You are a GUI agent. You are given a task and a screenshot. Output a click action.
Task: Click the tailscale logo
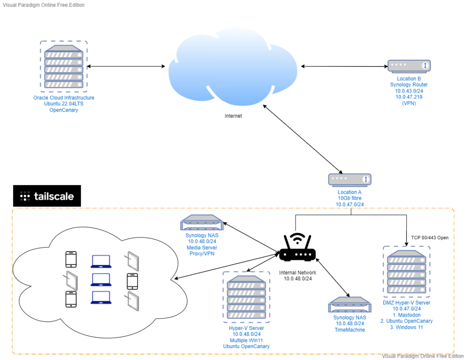(x=47, y=196)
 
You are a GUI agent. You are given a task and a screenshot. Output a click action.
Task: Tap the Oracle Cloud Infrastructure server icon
(x=64, y=67)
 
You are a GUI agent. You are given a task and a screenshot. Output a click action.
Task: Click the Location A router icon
(x=350, y=180)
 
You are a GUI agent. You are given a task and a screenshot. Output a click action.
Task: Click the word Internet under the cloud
(x=233, y=116)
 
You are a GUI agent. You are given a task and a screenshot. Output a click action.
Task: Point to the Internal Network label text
(x=297, y=273)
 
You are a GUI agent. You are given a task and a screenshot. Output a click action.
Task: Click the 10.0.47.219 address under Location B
(x=409, y=97)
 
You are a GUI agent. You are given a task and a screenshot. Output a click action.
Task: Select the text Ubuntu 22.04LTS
(x=64, y=104)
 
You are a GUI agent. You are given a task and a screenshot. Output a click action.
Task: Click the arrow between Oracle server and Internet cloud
(x=126, y=67)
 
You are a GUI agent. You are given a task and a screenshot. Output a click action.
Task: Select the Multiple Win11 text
(x=246, y=340)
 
